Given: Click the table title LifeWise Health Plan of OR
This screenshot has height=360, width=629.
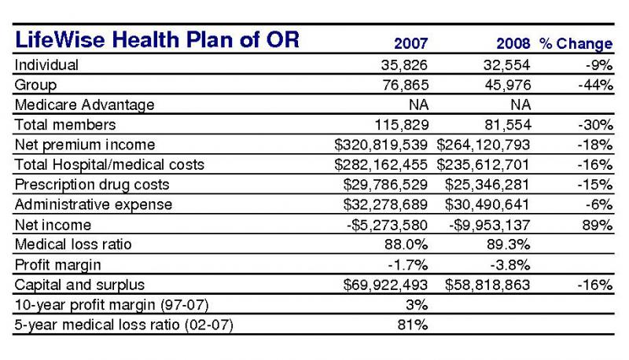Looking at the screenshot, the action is pyautogui.click(x=156, y=39).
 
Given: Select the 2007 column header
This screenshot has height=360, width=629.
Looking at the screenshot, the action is pyautogui.click(x=410, y=43).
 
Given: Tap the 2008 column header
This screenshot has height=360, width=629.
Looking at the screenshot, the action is pyautogui.click(x=513, y=43).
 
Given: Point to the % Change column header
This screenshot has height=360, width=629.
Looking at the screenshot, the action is pyautogui.click(x=576, y=44).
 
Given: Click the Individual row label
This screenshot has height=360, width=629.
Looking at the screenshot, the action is pyautogui.click(x=46, y=65).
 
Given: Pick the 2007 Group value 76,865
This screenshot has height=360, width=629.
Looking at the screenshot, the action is pyautogui.click(x=406, y=85).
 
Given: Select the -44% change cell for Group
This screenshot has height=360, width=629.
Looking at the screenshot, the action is pyautogui.click(x=595, y=85).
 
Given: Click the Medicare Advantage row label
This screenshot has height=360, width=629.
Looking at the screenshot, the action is pyautogui.click(x=85, y=105).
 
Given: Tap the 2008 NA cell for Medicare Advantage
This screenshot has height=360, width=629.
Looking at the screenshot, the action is pyautogui.click(x=520, y=105).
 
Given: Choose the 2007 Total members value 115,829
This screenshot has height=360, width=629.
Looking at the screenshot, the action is pyautogui.click(x=402, y=125).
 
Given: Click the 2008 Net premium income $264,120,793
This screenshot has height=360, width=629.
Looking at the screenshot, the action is pyautogui.click(x=484, y=145).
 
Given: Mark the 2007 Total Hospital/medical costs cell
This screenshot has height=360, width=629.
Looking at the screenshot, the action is pyautogui.click(x=381, y=165).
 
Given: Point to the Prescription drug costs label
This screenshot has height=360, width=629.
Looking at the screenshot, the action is pyautogui.click(x=92, y=185).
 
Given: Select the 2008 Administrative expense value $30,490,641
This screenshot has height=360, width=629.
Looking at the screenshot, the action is pyautogui.click(x=487, y=204).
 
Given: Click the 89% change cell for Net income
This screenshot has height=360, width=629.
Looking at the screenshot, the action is pyautogui.click(x=598, y=225).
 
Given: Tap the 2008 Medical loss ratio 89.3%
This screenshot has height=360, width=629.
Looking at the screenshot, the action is pyautogui.click(x=508, y=244).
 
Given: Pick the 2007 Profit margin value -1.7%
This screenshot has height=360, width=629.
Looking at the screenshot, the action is pyautogui.click(x=407, y=265).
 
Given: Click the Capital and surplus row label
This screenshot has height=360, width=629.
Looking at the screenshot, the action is pyautogui.click(x=79, y=285).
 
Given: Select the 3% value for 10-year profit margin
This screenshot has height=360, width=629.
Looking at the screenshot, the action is pyautogui.click(x=417, y=305).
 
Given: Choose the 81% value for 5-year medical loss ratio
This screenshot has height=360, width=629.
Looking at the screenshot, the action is pyautogui.click(x=413, y=325).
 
